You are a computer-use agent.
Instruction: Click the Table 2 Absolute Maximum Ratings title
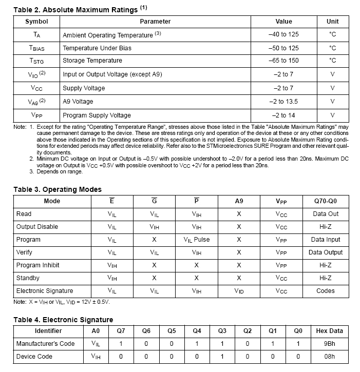tap(75, 9)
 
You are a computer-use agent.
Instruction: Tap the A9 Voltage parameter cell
tap(78, 102)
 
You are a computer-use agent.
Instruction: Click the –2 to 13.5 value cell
tap(283, 102)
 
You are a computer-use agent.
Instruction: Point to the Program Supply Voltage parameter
tap(97, 115)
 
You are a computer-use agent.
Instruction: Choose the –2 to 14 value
tap(283, 115)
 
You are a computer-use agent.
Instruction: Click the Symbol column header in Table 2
tap(36, 22)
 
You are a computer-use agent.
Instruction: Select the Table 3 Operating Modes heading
tap(58, 189)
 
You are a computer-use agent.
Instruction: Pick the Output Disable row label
tap(37, 227)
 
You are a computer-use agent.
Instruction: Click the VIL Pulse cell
tap(197, 240)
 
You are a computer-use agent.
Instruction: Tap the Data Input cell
tap(326, 240)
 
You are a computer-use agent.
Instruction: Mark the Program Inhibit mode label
tap(38, 265)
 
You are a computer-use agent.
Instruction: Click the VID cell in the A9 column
tap(239, 291)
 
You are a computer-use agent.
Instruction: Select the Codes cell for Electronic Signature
tap(326, 291)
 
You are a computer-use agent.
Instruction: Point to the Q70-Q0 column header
tap(326, 201)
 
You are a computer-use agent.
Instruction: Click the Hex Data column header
tap(329, 331)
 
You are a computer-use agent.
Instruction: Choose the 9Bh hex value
tap(329, 344)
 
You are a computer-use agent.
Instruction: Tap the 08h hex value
tap(329, 357)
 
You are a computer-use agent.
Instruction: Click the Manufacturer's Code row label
tap(46, 344)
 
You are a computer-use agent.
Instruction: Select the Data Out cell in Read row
tap(326, 214)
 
